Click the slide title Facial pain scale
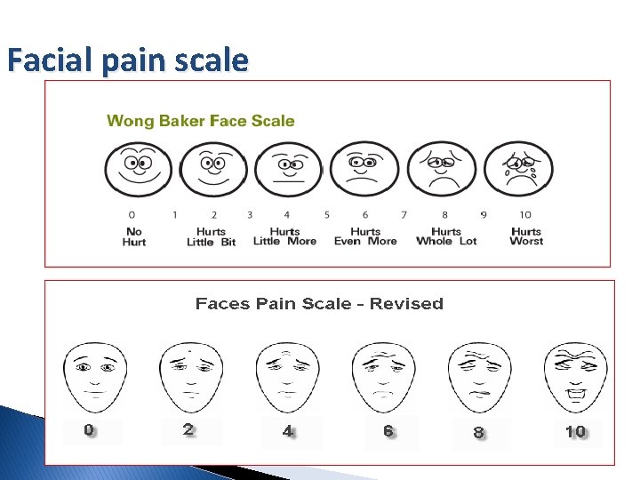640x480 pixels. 127,60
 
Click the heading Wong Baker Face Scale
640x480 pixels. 201,121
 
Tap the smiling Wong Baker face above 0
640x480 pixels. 137,169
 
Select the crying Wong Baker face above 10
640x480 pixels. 519,169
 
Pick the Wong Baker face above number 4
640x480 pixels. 288,169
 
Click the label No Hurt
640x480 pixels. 134,236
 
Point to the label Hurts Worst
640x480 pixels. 526,236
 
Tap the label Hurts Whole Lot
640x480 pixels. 446,236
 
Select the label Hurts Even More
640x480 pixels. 365,236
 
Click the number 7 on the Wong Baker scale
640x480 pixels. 404,214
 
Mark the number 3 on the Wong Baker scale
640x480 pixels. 250,214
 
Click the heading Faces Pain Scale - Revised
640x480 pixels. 319,304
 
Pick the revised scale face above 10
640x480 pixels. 576,375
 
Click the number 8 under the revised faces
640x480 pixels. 479,433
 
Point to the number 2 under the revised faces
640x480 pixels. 188,430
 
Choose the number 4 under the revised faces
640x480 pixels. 287,431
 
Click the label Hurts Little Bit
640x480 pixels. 212,236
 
